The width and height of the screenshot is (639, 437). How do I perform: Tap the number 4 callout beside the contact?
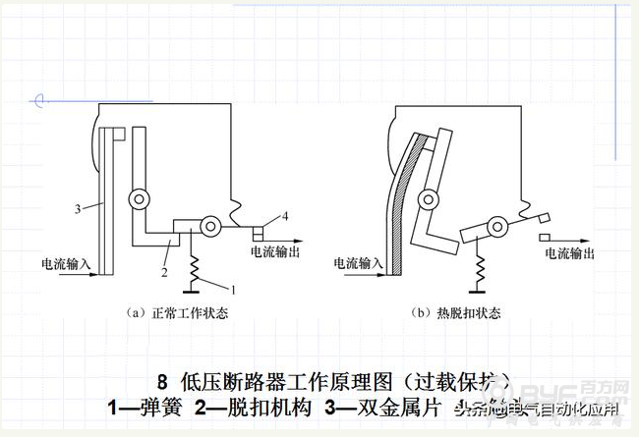tap(285, 216)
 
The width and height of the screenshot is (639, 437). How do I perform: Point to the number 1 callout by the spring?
tap(234, 291)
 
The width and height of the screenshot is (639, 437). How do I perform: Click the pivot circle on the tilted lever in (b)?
tap(498, 228)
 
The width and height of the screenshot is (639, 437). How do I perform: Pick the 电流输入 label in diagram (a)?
tap(67, 263)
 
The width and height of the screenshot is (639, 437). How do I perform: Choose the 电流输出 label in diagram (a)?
tap(277, 252)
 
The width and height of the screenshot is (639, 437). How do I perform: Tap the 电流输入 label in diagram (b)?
tap(358, 263)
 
